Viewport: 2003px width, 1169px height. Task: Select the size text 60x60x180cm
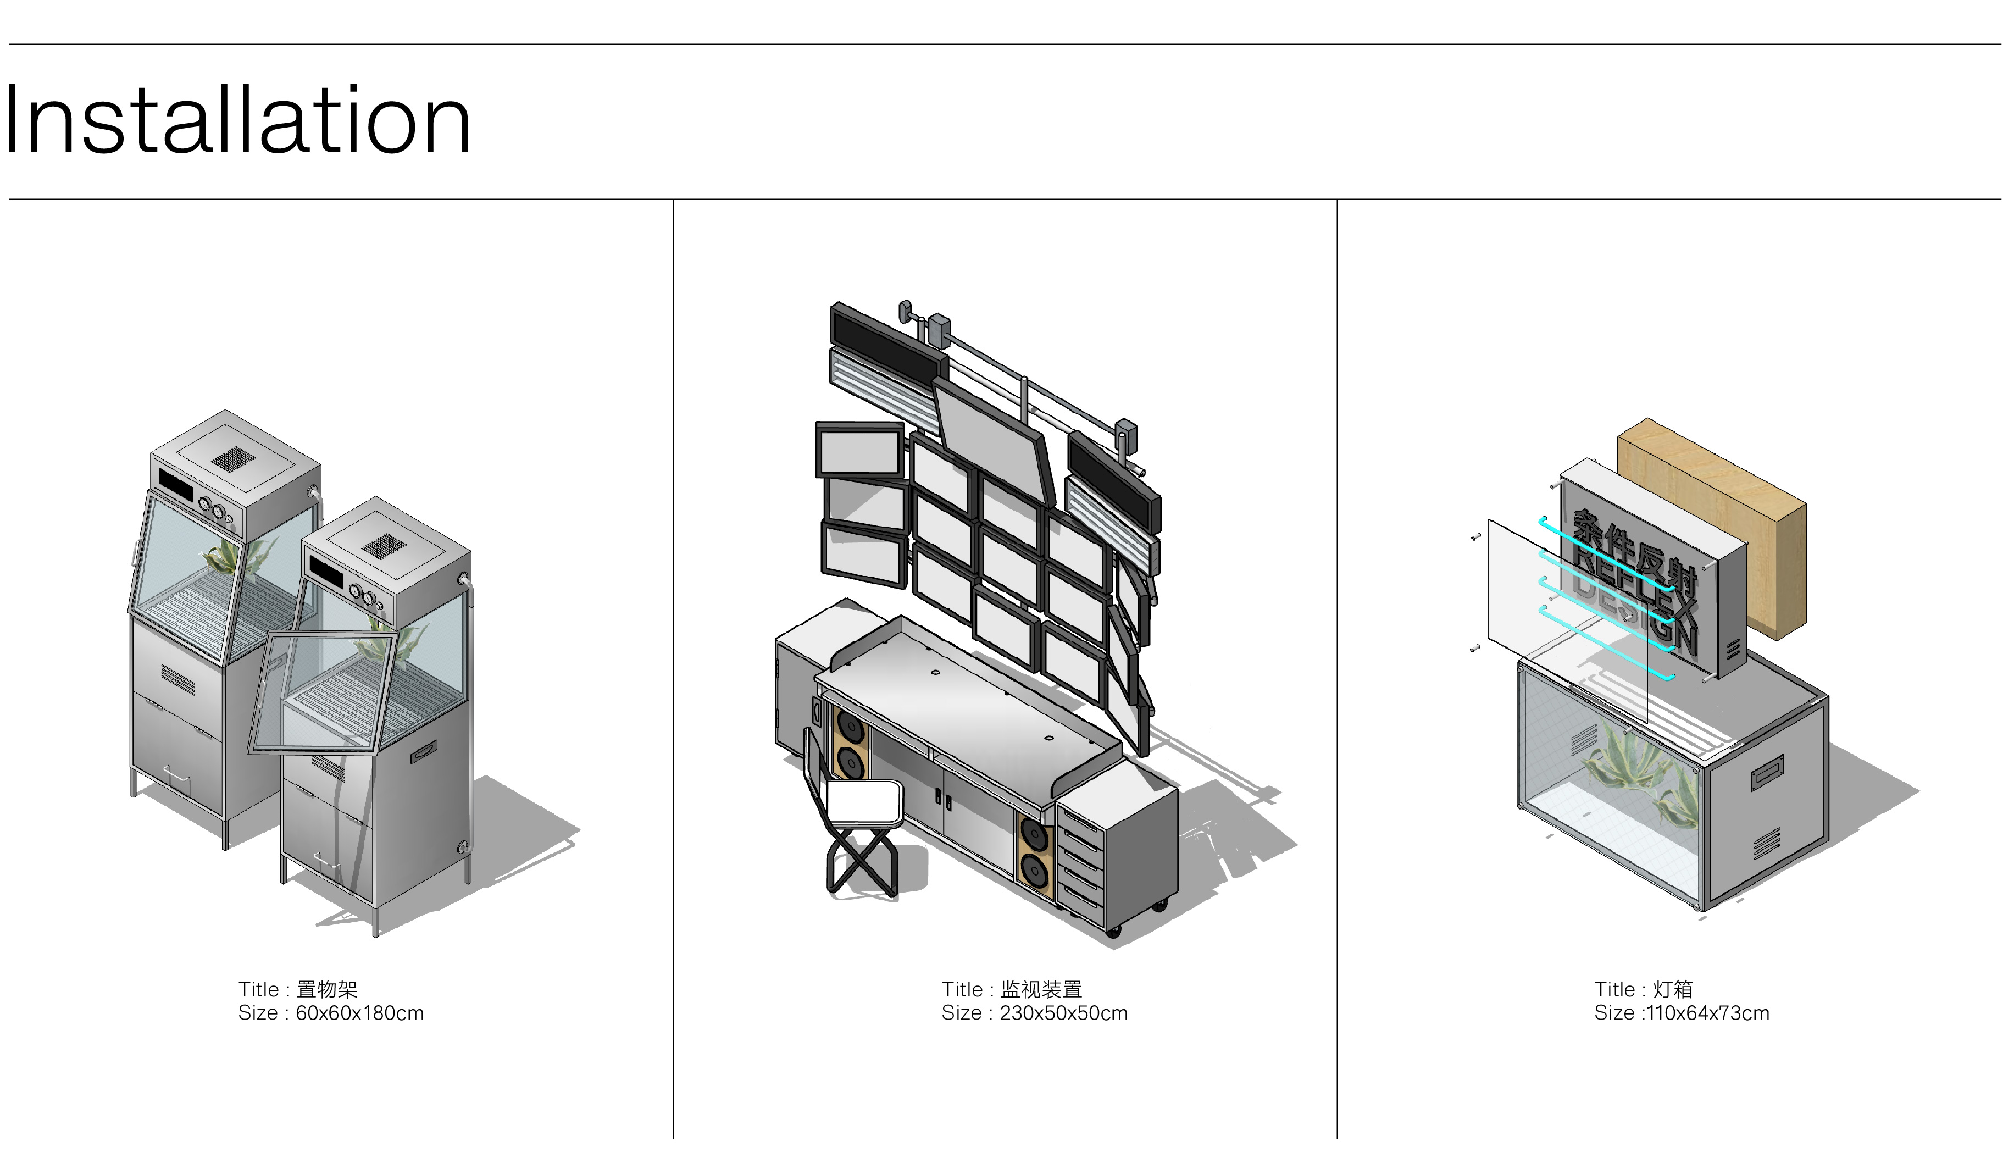pyautogui.click(x=360, y=1014)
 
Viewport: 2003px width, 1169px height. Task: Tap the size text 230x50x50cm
pyautogui.click(x=1063, y=1014)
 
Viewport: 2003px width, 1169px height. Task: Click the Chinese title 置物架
pyautogui.click(x=326, y=989)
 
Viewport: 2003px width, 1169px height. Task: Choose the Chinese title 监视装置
pyautogui.click(x=1041, y=989)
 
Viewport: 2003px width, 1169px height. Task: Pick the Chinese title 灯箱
pyautogui.click(x=1673, y=989)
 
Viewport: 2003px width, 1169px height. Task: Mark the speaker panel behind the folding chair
pyautogui.click(x=850, y=743)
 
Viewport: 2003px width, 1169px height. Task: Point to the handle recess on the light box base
pyautogui.click(x=1766, y=772)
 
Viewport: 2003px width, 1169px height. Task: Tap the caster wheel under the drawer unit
pyautogui.click(x=1113, y=930)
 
